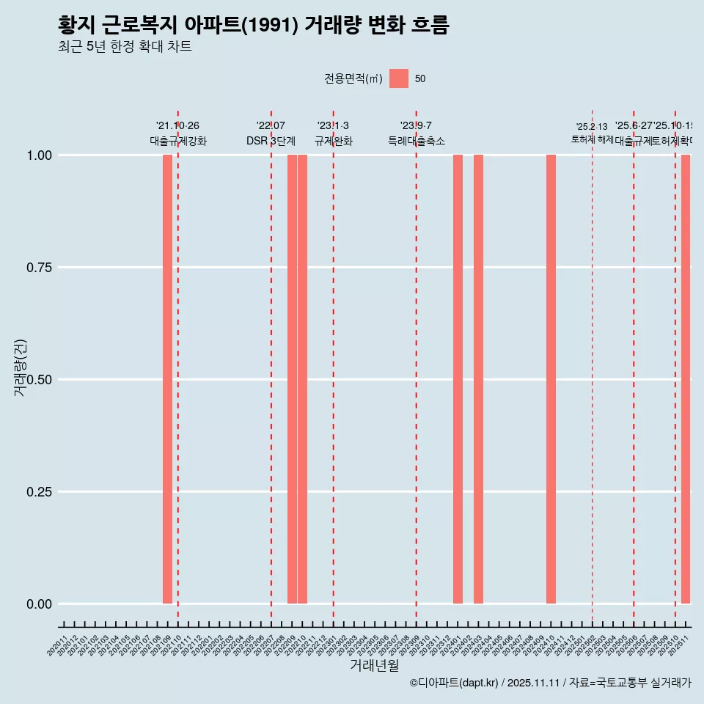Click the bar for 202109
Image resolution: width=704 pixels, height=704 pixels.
click(x=167, y=379)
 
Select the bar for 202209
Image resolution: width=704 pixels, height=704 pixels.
click(x=292, y=379)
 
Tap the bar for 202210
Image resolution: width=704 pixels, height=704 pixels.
click(x=302, y=379)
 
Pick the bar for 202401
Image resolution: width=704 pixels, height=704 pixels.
click(x=458, y=379)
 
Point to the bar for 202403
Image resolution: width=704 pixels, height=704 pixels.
click(x=478, y=379)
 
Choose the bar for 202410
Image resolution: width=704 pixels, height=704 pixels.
click(x=551, y=379)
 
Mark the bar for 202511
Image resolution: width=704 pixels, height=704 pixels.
click(x=686, y=379)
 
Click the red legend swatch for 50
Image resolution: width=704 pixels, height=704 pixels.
click(x=399, y=78)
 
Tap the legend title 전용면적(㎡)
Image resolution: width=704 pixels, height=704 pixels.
click(x=353, y=78)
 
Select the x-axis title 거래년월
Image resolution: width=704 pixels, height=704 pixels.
click(x=375, y=665)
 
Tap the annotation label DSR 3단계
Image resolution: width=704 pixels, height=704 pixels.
click(x=271, y=142)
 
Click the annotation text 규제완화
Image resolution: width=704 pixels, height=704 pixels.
click(x=334, y=142)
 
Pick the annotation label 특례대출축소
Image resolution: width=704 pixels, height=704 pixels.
click(x=417, y=142)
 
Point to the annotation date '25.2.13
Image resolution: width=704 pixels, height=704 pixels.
click(x=592, y=127)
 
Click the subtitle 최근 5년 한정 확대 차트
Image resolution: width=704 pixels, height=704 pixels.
click(x=125, y=47)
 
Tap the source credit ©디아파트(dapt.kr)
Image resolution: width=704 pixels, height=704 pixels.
click(x=454, y=683)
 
